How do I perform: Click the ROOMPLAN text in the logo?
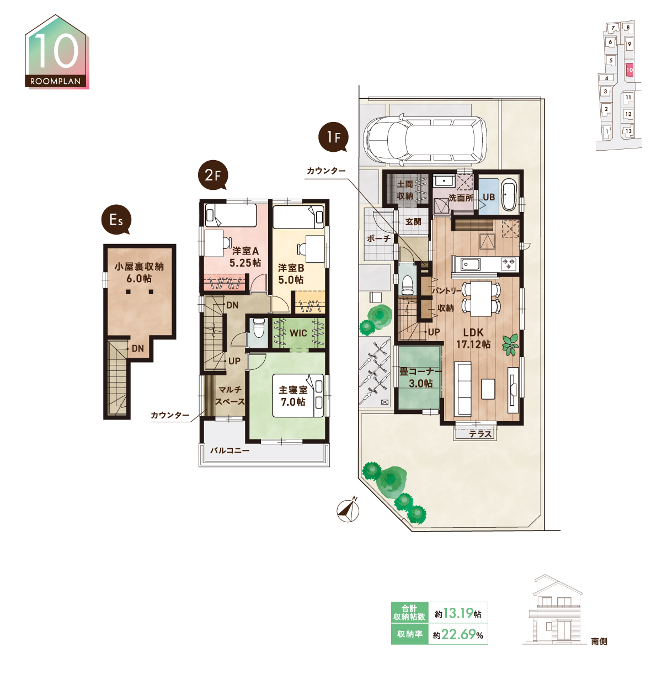point(55,81)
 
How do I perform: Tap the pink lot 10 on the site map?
point(629,70)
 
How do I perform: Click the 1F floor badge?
point(333,137)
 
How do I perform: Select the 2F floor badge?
point(212,175)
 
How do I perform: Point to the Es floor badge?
point(116,220)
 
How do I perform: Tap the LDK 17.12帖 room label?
point(473,338)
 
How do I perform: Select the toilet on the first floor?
point(408,285)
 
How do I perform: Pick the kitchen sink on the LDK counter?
point(471,264)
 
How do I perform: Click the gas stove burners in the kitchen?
point(509,264)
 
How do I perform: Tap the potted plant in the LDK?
point(510,344)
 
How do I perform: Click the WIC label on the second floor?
point(298,333)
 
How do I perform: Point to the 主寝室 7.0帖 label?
point(293,396)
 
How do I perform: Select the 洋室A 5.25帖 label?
point(245,257)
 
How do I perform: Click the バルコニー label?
point(229,450)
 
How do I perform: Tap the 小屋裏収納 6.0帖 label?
point(139,273)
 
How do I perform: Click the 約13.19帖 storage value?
point(458,613)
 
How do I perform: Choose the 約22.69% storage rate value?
point(458,634)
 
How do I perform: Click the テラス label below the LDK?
point(480,434)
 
